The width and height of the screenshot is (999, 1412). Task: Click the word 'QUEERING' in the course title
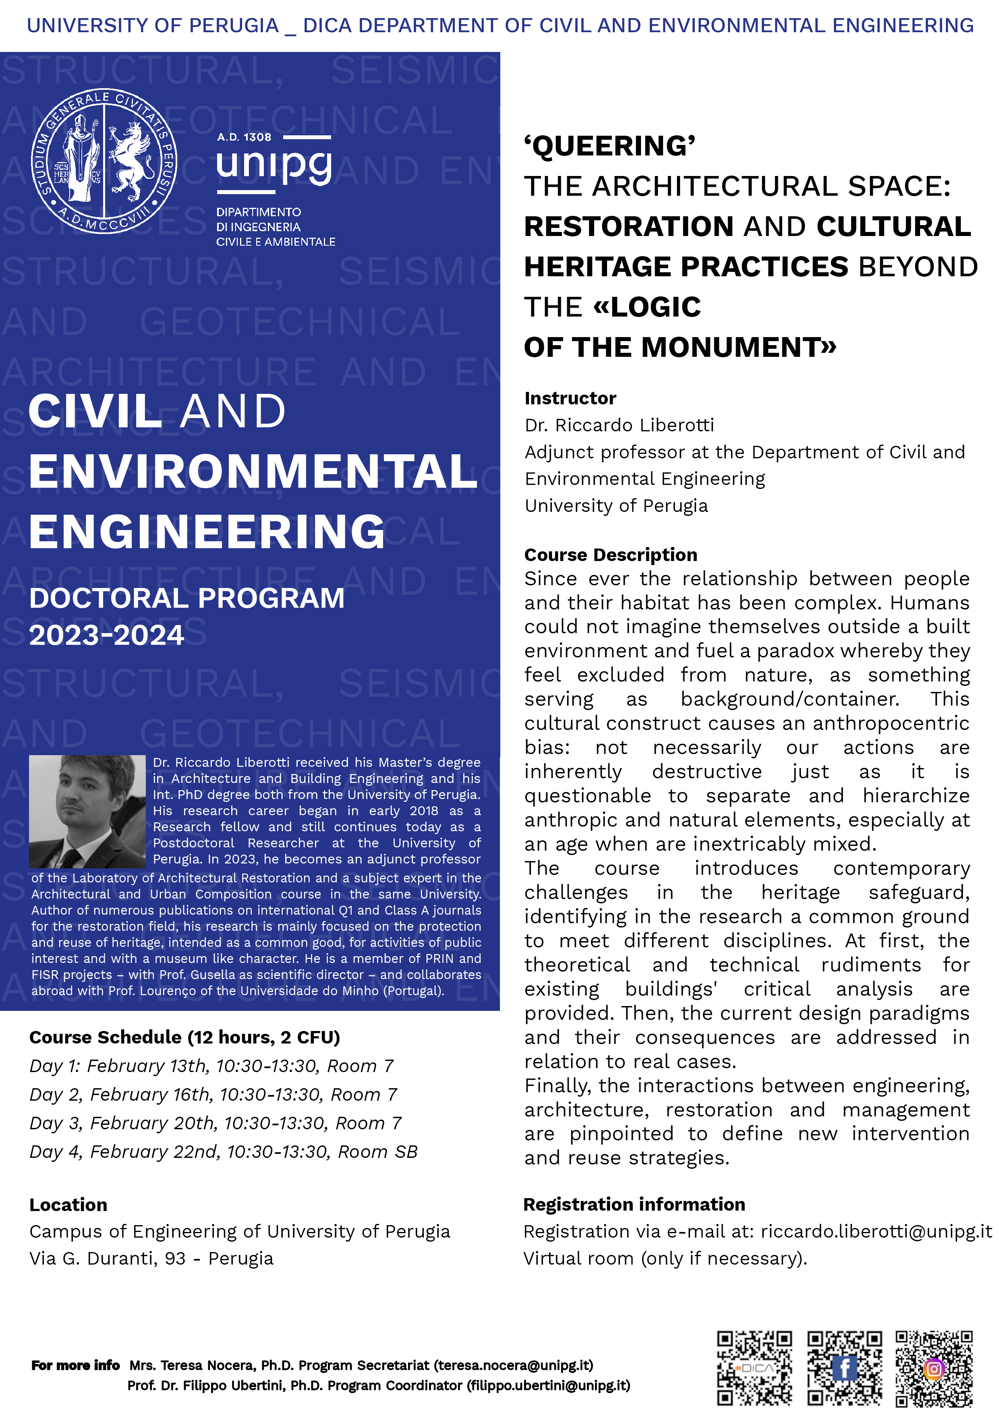[x=609, y=146]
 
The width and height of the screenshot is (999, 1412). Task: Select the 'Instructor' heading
[x=570, y=398]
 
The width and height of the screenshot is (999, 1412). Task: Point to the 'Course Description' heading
[x=610, y=555]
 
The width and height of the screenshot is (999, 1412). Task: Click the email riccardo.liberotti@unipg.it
[x=876, y=1231]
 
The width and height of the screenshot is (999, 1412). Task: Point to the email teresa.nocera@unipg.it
[x=513, y=1365]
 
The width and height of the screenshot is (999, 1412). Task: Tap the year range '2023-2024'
[x=106, y=635]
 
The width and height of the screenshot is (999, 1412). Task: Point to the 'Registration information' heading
[x=634, y=1204]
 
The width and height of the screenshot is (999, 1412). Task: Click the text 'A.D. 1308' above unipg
[x=244, y=137]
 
